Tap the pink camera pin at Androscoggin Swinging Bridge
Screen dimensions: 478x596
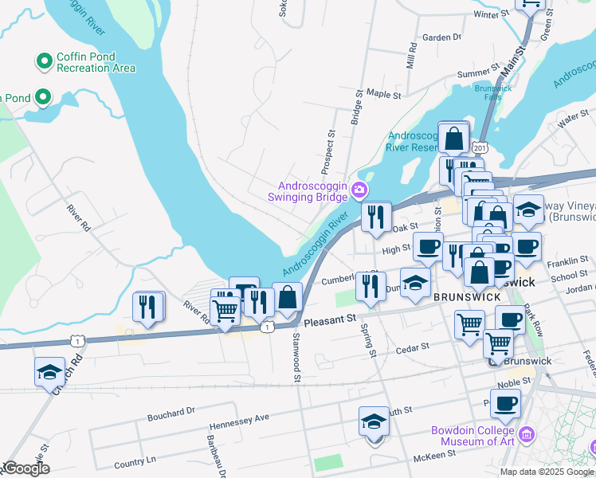(359, 190)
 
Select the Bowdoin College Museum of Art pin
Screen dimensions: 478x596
(525, 435)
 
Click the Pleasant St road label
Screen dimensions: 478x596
(330, 320)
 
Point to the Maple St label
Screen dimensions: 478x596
(384, 94)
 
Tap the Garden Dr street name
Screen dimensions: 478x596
(441, 37)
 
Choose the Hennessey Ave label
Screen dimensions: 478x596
(239, 417)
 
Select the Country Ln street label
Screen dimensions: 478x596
(135, 462)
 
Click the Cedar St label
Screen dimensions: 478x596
(413, 347)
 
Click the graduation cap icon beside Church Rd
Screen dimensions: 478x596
(49, 372)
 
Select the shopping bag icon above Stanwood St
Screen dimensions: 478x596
(287, 299)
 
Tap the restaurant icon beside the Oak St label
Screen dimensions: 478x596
(375, 216)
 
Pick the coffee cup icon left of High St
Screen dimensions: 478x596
(427, 246)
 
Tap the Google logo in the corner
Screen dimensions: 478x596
(25, 468)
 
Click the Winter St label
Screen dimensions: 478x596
(490, 14)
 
